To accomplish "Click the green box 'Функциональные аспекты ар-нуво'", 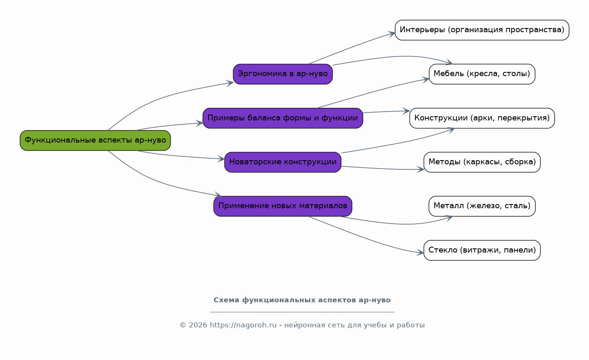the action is (95, 140).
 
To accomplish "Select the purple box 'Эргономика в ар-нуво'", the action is (283, 74).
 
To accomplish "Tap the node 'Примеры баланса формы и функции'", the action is (283, 118).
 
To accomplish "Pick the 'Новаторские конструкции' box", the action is (283, 162).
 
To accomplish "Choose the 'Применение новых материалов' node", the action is (283, 206).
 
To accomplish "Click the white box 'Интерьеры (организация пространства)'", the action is (482, 30).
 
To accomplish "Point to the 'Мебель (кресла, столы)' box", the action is (482, 74).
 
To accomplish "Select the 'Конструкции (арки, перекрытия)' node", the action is (482, 118).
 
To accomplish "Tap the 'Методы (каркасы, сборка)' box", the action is (482, 162).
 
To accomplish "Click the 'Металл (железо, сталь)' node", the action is (482, 206).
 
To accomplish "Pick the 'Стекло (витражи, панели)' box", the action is (482, 250).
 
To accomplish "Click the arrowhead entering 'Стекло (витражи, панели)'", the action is (421, 253).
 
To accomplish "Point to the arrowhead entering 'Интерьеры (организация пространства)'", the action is (392, 34).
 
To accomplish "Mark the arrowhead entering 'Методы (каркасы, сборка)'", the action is (421, 169).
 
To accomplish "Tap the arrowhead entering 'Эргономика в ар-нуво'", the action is (230, 83).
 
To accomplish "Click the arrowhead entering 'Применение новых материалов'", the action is (218, 195).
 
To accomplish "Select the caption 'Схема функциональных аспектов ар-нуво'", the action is (302, 300).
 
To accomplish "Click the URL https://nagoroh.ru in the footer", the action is (243, 325).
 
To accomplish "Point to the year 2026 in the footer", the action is (198, 325).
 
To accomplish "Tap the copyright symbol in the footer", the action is (183, 325).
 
